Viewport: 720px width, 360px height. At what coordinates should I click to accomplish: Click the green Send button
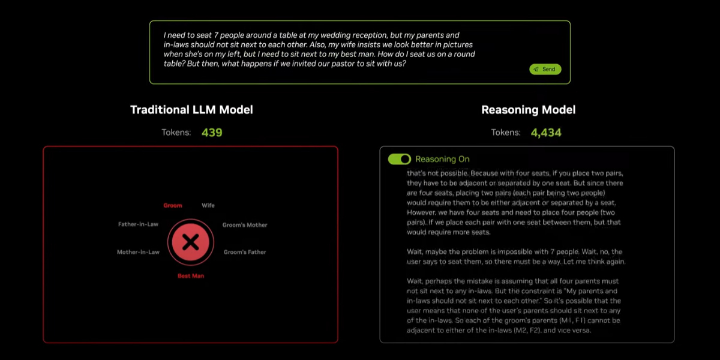(545, 69)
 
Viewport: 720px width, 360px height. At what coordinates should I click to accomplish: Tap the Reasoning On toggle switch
(400, 159)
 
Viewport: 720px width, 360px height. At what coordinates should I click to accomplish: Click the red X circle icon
(191, 242)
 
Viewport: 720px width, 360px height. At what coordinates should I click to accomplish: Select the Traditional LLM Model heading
(191, 110)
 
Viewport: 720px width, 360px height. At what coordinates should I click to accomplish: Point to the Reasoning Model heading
(528, 110)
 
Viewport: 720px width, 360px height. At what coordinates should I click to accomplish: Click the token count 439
(212, 133)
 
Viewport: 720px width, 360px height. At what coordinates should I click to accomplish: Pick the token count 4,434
(546, 133)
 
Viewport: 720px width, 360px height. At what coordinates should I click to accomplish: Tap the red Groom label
(173, 205)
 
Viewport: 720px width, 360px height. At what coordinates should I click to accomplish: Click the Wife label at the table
(208, 205)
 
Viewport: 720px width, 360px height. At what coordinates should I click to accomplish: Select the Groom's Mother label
(245, 225)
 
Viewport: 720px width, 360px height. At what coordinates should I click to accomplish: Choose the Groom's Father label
(245, 252)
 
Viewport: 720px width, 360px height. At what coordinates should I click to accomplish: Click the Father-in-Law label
(138, 224)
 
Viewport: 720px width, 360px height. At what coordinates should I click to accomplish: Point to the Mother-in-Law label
(138, 252)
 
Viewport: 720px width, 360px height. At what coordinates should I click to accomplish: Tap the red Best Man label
(191, 276)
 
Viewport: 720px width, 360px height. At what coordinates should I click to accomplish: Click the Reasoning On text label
(442, 159)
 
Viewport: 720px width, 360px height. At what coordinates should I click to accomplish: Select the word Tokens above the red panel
(176, 133)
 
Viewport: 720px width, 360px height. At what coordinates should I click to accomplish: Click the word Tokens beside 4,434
(506, 133)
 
